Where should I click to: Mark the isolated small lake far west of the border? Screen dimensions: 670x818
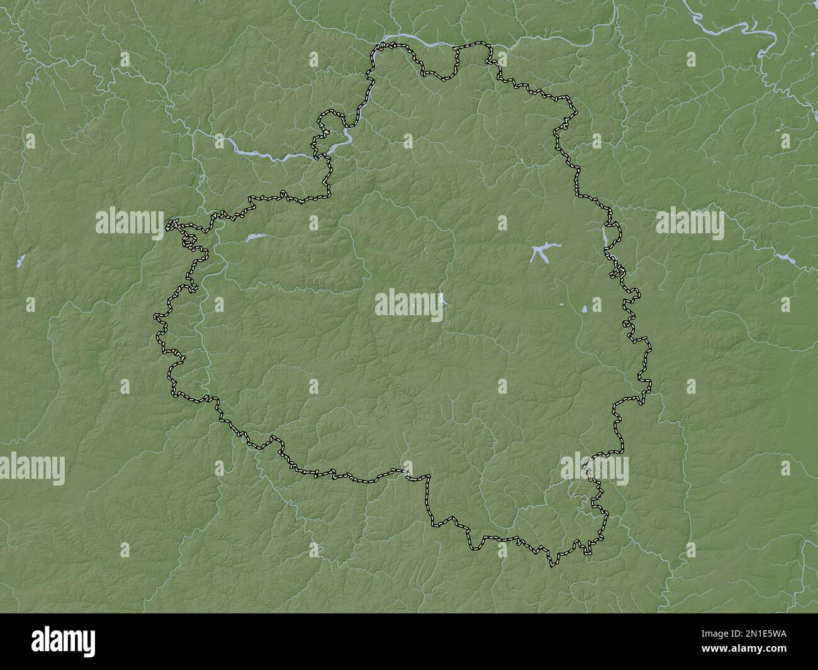click(21, 259)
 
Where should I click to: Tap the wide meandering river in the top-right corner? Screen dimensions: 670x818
click(736, 28)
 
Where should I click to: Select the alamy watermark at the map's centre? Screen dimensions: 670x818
click(410, 304)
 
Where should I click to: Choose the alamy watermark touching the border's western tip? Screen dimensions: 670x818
click(130, 222)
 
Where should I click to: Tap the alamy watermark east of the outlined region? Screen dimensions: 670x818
click(690, 222)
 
